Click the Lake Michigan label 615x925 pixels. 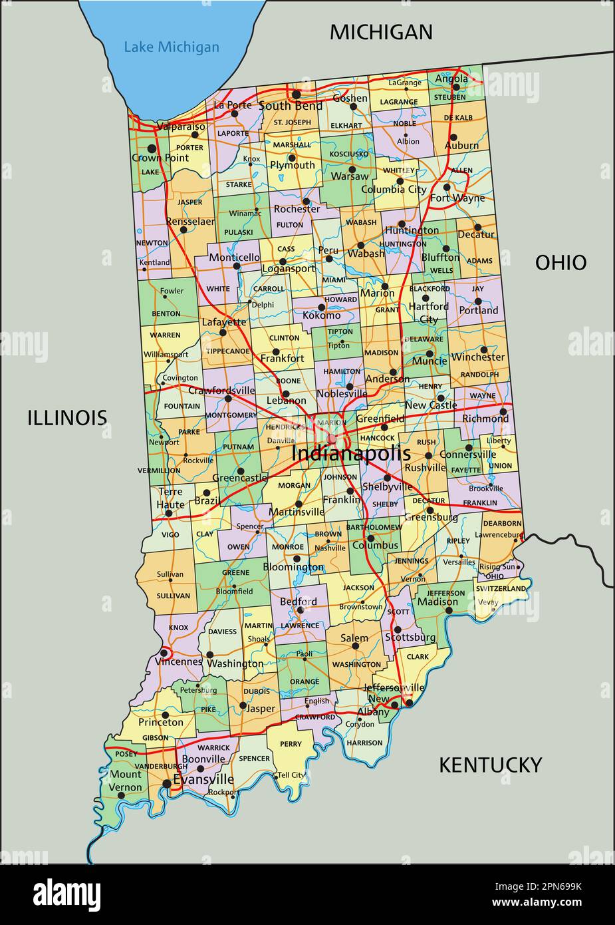172,47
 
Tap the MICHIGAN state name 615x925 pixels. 381,32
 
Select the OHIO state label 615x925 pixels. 560,263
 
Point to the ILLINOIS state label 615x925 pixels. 67,418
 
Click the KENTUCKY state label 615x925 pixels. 490,765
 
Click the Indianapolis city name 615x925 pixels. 351,453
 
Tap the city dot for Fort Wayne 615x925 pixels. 447,187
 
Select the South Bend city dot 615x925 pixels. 296,94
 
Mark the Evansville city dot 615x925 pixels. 166,784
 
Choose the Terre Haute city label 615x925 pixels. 170,498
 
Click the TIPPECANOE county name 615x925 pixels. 227,351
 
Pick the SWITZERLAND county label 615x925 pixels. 502,588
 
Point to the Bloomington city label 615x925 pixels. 293,568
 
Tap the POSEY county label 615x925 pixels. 126,754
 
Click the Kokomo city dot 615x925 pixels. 321,307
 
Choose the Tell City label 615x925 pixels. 291,775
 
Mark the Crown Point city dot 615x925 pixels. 152,148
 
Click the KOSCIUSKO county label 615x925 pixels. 348,154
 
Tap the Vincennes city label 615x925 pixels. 178,662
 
